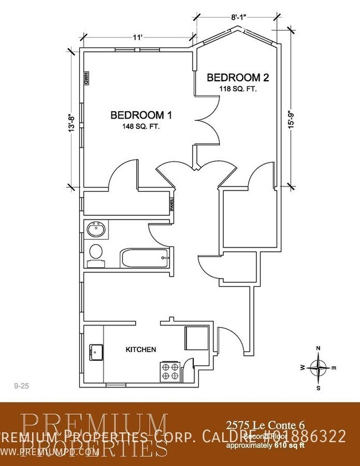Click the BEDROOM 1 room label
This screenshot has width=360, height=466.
click(x=141, y=115)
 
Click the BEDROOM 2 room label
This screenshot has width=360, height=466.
click(x=233, y=77)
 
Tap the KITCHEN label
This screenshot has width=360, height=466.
click(x=141, y=350)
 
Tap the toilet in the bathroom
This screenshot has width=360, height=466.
click(x=96, y=253)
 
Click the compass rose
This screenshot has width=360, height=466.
click(x=318, y=367)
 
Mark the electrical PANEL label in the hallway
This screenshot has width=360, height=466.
click(x=172, y=205)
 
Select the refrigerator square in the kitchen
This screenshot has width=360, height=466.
click(x=196, y=337)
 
